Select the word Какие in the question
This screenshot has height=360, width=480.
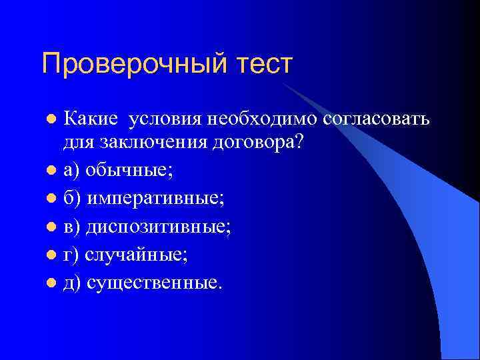tap(90, 119)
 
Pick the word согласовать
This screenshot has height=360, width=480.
tap(377, 119)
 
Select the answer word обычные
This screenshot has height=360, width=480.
tap(129, 171)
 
